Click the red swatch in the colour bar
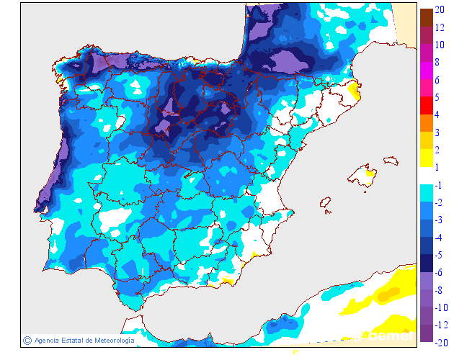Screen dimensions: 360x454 click(426, 106)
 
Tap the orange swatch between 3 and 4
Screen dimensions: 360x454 click(426, 123)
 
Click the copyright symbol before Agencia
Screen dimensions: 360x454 click(27, 340)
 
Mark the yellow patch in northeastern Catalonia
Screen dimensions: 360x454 click(353, 90)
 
